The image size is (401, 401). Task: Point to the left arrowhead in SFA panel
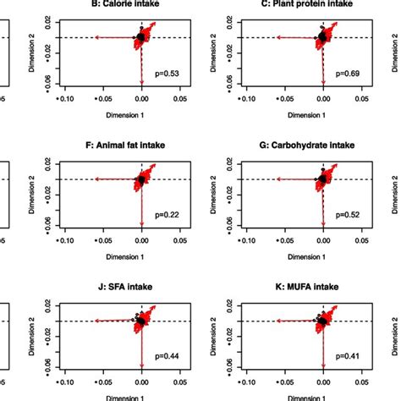96,321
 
